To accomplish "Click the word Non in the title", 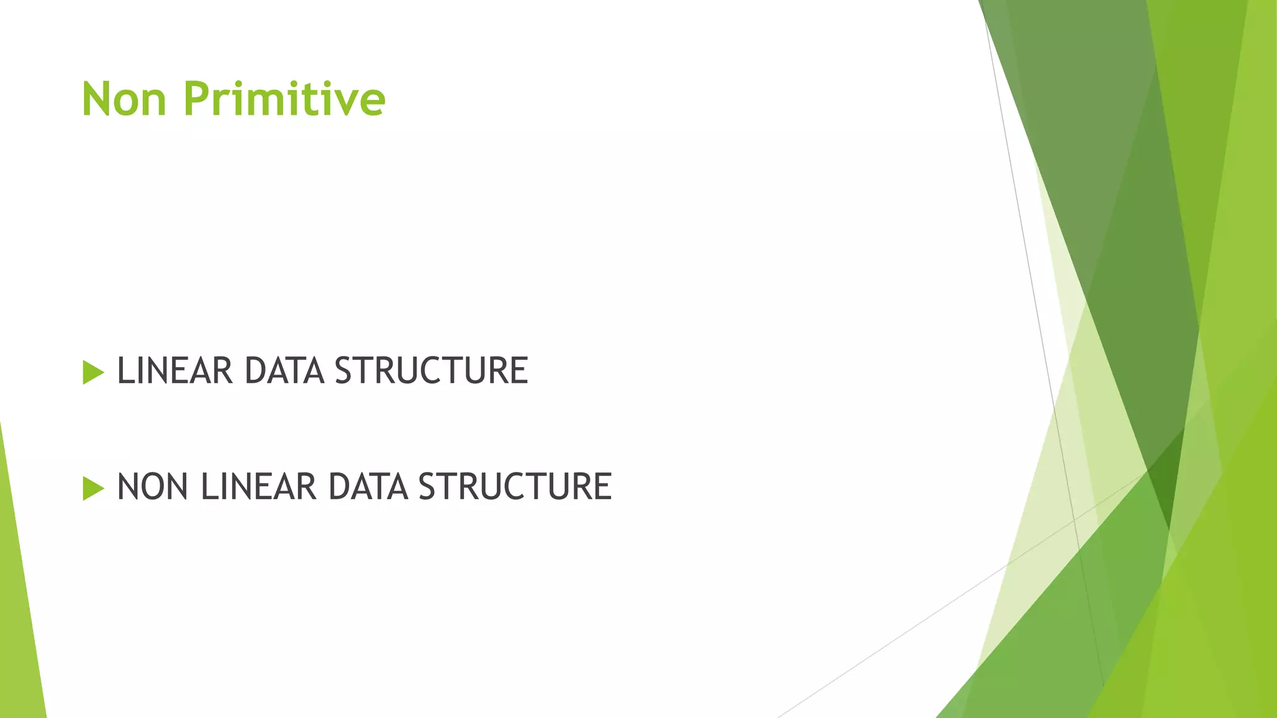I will [x=124, y=99].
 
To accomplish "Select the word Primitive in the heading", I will [x=284, y=99].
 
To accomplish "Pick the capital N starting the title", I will [x=97, y=99].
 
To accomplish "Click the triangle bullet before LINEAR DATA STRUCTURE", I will [x=92, y=372].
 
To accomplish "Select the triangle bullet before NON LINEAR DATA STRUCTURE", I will [x=92, y=488].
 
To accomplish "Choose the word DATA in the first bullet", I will [x=284, y=371].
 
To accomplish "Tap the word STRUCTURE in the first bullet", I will [x=431, y=371].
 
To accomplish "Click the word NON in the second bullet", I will [x=152, y=487].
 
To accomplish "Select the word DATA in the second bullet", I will [x=368, y=487].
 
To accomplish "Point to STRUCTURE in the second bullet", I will [x=515, y=487].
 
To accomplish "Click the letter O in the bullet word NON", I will [x=152, y=487].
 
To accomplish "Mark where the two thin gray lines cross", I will [x=1074, y=519].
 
